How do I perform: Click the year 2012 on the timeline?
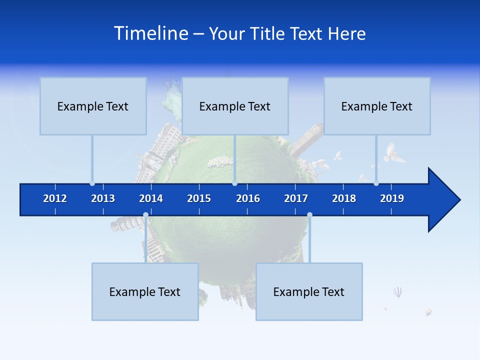coord(55,198)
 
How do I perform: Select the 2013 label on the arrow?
coord(103,198)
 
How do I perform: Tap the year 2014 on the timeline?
coord(151,198)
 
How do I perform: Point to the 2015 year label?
coord(199,198)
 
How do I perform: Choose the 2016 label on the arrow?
coord(248,198)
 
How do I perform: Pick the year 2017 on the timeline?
coord(296,198)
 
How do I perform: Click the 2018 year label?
coord(344,198)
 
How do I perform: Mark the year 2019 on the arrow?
coord(392,198)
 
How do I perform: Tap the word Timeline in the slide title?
coord(150,33)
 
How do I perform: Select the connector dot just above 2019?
coord(376,183)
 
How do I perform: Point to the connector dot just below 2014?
coord(145,215)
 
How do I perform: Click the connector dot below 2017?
coord(309,215)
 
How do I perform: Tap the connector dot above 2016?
coord(234,183)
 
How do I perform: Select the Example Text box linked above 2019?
coord(377,106)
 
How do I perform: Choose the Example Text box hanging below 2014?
coord(145,291)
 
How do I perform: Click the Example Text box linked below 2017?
coord(309,291)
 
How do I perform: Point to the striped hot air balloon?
coord(397,292)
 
